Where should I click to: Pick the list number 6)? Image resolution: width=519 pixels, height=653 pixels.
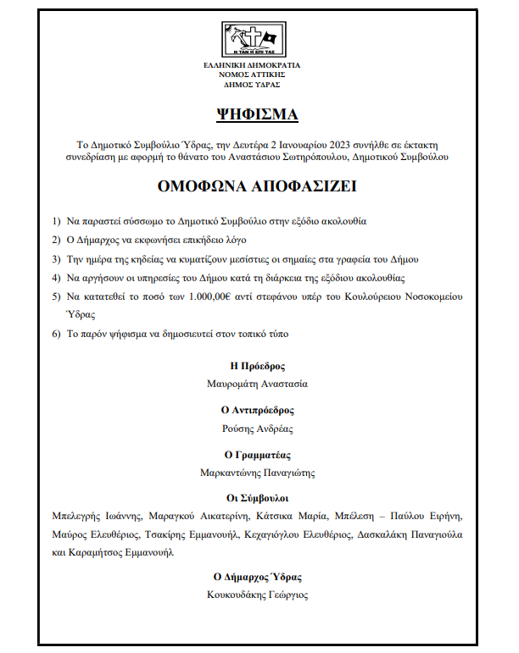coord(57,334)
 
